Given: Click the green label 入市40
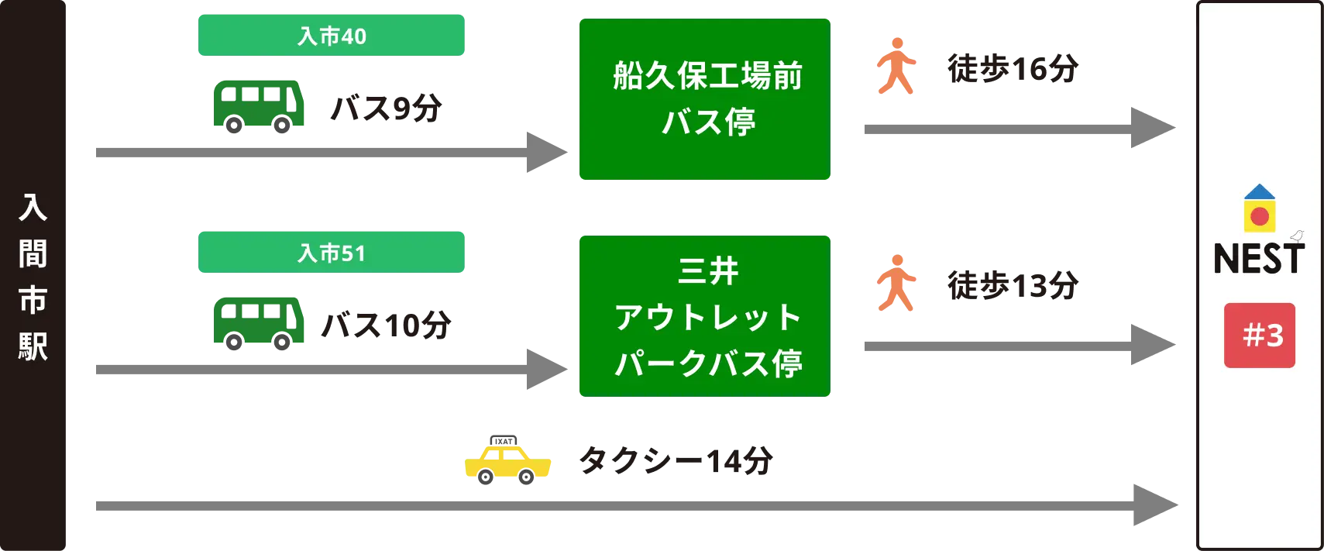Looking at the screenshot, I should click(331, 35).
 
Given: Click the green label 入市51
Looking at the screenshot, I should click(331, 252).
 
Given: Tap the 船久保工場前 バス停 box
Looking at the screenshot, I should click(703, 99).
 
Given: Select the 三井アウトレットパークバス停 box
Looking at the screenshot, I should click(703, 316).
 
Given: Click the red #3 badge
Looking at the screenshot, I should click(1260, 336).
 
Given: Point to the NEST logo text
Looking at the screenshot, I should click(1258, 259).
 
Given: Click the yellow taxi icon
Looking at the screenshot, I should click(507, 463).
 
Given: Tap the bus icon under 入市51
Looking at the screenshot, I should click(260, 322).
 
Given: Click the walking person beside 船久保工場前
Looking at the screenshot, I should click(896, 68).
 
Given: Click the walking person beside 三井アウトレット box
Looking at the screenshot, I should click(896, 285).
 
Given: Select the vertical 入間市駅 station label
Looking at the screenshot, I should click(33, 277).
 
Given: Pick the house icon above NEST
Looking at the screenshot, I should click(1260, 208).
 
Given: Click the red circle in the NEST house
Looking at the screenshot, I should click(1260, 216).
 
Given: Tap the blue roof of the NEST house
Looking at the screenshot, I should click(1260, 191).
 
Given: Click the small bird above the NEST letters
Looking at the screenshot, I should click(1296, 236).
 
